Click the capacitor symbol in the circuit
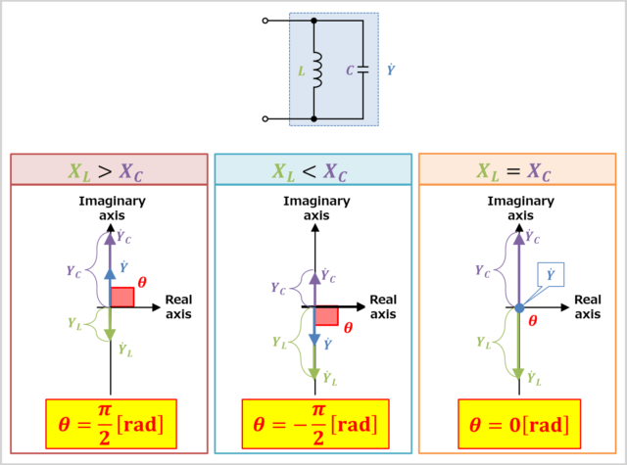363,70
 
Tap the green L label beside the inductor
301,70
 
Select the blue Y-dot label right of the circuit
391,70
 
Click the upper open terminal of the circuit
265,21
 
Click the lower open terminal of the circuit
265,119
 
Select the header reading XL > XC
109,170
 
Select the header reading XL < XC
313,170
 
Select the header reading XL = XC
516,170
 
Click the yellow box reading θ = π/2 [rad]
109,424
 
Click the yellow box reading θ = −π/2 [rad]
313,424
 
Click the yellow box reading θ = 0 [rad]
516,424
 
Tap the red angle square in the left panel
121,297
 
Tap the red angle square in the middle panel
326,315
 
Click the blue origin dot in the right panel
519,307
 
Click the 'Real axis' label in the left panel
178,306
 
